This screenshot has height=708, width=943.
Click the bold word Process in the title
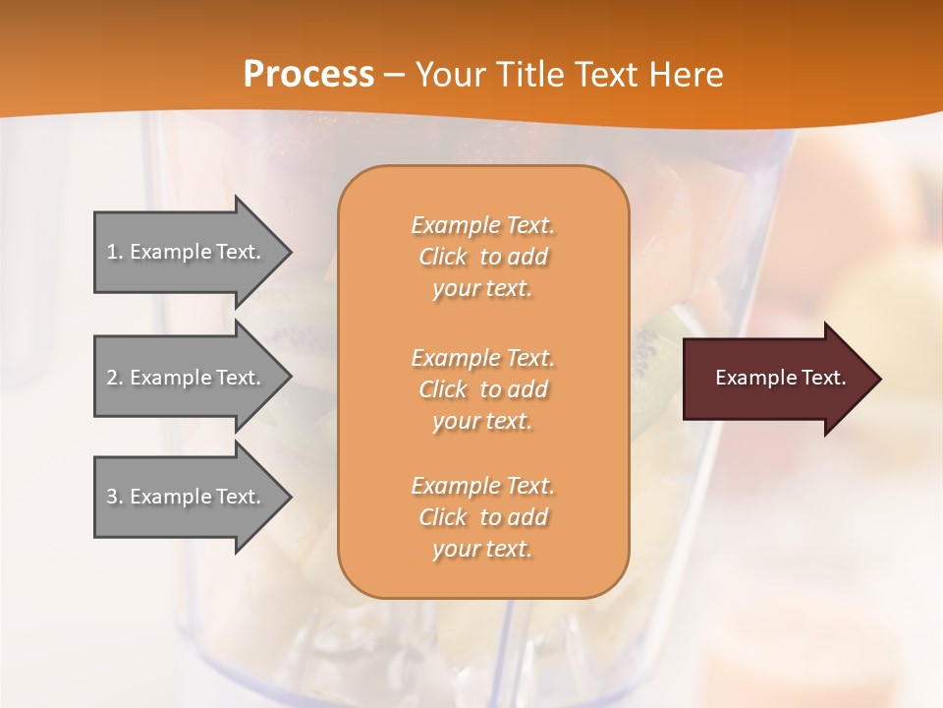[308, 75]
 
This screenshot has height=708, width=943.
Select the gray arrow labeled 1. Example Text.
[187, 252]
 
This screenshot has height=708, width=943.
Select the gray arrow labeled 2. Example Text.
[187, 378]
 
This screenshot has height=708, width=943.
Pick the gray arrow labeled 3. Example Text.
[187, 497]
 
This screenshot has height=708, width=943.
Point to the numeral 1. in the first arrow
[115, 252]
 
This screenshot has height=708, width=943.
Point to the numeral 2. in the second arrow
[115, 378]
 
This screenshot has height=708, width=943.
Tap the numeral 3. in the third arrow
[115, 497]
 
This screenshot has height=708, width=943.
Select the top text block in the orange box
[482, 257]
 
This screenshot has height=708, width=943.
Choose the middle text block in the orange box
[482, 389]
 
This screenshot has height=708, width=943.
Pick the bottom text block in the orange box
[482, 517]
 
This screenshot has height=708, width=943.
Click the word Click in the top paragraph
[443, 257]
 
